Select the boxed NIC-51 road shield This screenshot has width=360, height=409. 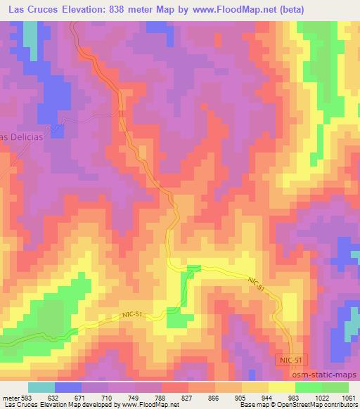pos(290,360)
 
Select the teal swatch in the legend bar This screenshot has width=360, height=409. pos(41,387)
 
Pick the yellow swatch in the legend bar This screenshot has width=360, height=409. pos(281,387)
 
